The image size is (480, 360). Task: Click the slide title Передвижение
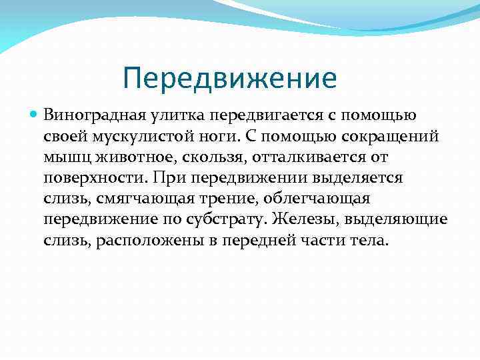click(x=230, y=78)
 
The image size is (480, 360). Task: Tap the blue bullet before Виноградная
click(x=35, y=116)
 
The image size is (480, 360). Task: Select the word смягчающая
click(x=136, y=199)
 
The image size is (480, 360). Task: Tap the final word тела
click(x=368, y=241)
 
